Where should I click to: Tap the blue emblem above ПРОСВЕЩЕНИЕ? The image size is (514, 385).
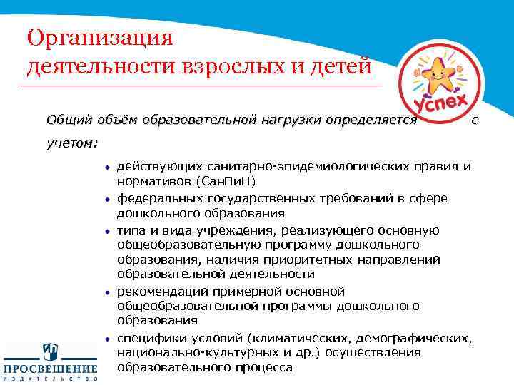point(50,351)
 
